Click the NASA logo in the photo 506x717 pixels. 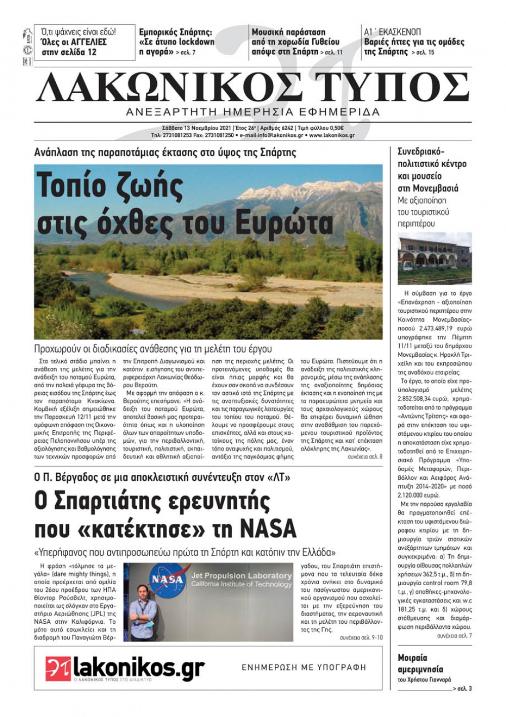tap(164, 579)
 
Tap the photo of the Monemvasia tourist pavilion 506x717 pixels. tap(435, 258)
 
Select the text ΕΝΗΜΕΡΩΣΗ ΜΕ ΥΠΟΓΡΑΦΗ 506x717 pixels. tap(304, 667)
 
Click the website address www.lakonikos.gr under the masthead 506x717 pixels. tap(331, 136)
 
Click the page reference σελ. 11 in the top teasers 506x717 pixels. tap(333, 52)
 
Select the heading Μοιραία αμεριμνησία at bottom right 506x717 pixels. tap(420, 663)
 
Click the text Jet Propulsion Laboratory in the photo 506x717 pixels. tap(241, 576)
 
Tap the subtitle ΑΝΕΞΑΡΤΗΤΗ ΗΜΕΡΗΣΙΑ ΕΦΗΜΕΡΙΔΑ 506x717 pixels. tap(252, 112)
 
